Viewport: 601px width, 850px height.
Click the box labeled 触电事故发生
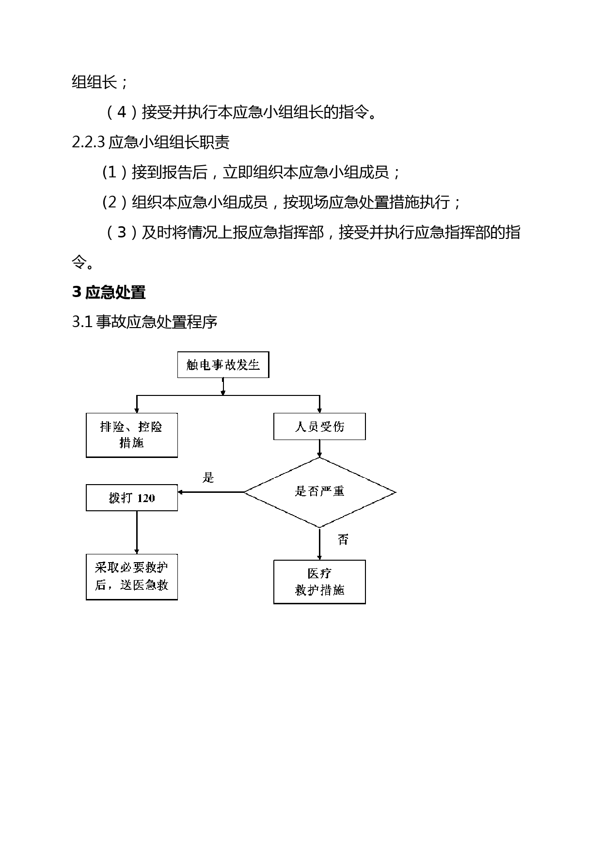coord(223,364)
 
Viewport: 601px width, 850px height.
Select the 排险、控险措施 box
coord(132,435)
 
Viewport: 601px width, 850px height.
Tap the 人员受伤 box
coord(319,426)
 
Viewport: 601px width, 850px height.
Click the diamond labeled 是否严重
coord(320,492)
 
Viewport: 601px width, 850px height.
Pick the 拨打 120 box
coord(132,498)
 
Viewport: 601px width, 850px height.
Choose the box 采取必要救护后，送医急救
coord(132,577)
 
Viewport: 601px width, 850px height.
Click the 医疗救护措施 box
coord(319,582)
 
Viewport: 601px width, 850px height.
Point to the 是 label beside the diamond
coord(208,477)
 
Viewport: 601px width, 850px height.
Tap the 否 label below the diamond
coord(343,539)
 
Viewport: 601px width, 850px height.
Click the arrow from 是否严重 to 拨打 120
coord(211,492)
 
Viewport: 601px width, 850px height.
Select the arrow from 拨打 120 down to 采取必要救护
coord(137,532)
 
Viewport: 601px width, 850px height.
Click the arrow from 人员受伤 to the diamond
coord(319,449)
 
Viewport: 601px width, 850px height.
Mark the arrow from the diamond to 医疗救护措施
coord(319,544)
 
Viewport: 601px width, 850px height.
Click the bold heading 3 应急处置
coord(109,293)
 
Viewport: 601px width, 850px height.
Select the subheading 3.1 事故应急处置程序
coord(144,322)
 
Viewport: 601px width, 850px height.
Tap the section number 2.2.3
coord(88,142)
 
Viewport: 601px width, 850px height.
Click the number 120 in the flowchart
coord(146,498)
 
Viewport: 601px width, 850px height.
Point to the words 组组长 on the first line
coord(95,82)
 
